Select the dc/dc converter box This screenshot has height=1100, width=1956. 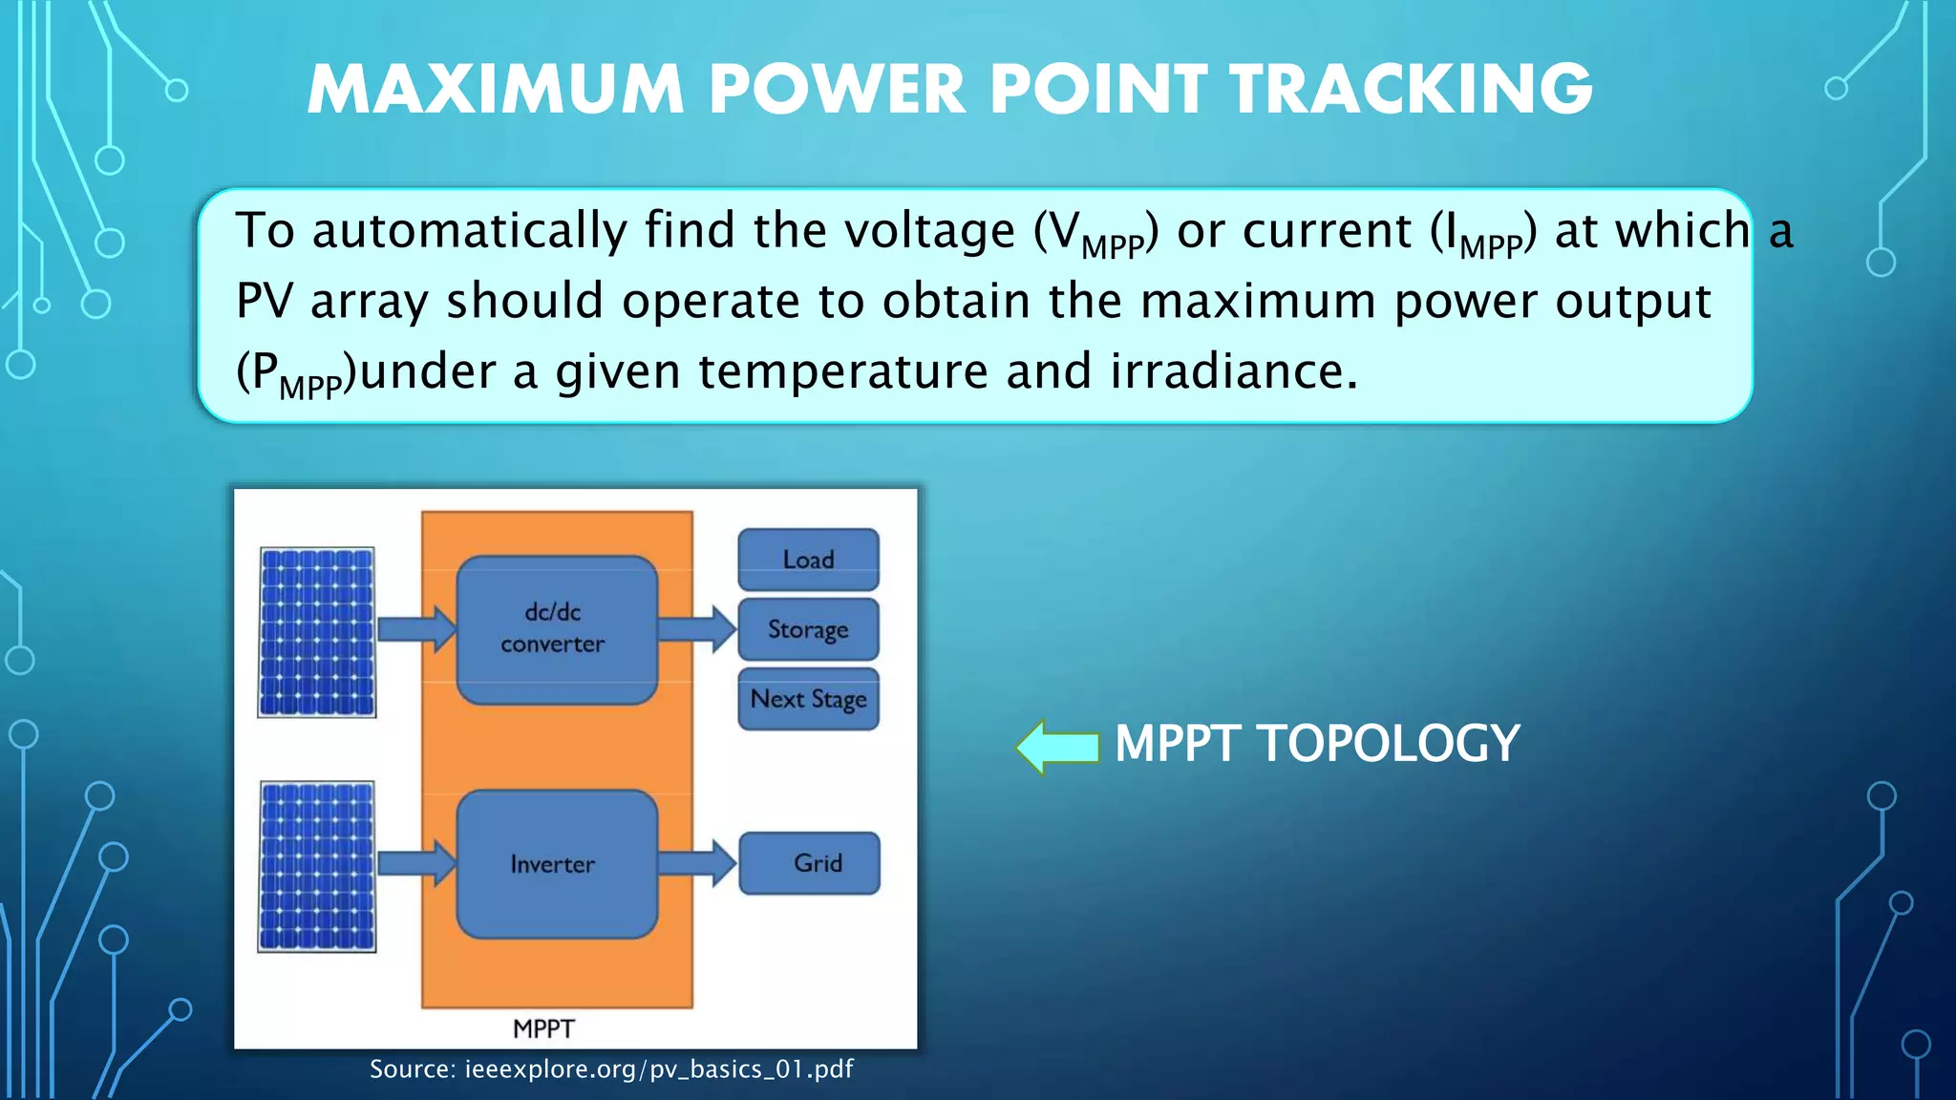pos(557,629)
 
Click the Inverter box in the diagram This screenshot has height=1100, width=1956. pos(557,864)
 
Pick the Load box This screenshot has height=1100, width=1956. pos(808,560)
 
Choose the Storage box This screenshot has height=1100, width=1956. pos(808,629)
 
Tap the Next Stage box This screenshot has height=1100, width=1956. pos(808,699)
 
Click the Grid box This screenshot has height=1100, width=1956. pos(810,863)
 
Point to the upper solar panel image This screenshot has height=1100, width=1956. pos(317,632)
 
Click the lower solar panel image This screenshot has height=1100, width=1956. pos(317,866)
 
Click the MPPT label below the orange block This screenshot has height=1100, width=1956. pos(543,1028)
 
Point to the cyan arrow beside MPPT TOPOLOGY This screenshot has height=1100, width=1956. pos(1058,746)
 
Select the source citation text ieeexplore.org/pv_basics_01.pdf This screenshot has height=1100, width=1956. pos(659,1069)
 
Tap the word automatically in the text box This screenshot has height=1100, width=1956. pos(469,231)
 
